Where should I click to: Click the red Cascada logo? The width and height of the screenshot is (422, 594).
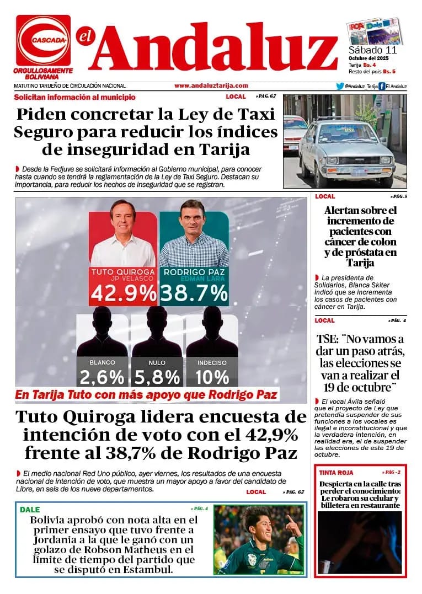coord(43,40)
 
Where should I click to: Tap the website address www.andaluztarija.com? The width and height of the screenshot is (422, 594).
coord(211,85)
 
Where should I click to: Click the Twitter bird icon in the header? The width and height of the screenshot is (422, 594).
coord(339,86)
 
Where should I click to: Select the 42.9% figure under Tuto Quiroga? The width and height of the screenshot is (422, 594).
coord(124,293)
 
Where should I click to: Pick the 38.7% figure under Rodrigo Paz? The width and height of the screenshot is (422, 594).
coord(195,293)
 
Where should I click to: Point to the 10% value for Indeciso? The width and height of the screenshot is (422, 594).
coord(212,377)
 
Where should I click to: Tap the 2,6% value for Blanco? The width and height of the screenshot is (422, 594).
coord(102,377)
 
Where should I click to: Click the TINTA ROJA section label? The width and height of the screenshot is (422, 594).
coord(336,473)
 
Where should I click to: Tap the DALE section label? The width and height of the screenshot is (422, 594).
coord(30,510)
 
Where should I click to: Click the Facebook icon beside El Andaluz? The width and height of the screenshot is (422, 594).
coord(382,86)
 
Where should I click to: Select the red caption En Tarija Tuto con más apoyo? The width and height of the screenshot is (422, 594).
coord(146,395)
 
